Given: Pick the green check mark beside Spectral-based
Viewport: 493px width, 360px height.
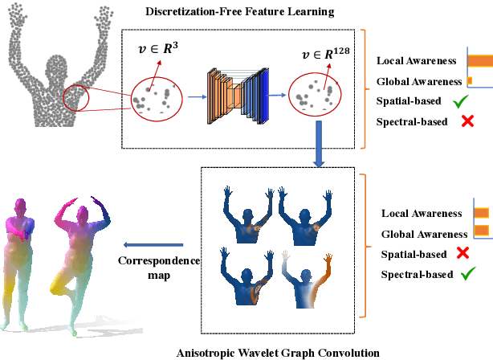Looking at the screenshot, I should pyautogui.click(x=463, y=274).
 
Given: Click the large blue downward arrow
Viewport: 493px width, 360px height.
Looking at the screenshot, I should pyautogui.click(x=319, y=144).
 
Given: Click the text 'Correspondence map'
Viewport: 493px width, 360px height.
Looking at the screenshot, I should pyautogui.click(x=153, y=268).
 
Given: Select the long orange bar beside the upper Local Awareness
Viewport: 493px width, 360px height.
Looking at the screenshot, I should pyautogui.click(x=480, y=60).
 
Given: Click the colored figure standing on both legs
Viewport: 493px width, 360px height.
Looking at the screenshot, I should pyautogui.click(x=22, y=257).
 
